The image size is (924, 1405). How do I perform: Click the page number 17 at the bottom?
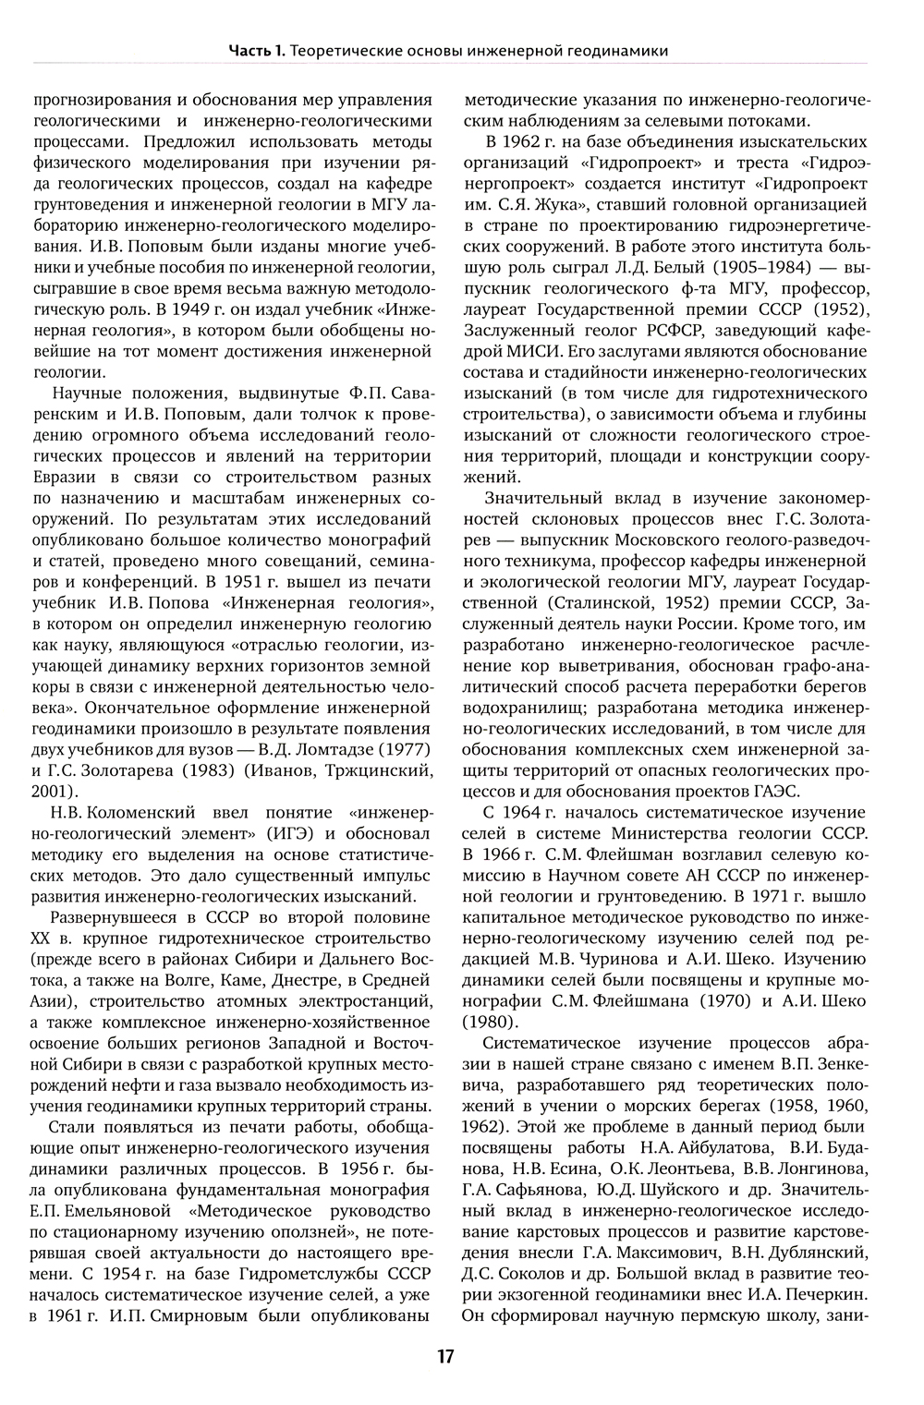(x=446, y=1356)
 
